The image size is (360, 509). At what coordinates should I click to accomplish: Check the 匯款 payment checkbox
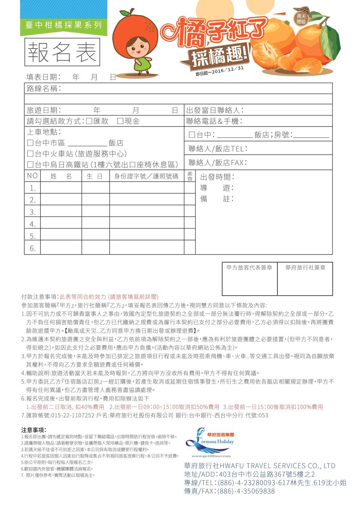click(x=89, y=121)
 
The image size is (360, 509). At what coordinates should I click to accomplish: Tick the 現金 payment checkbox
click(x=120, y=121)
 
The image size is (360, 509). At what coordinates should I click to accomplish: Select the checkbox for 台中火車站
click(x=30, y=154)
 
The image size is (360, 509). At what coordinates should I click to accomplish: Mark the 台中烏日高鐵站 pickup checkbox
click(x=30, y=165)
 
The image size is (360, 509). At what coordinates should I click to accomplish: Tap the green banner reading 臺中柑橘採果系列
click(x=64, y=25)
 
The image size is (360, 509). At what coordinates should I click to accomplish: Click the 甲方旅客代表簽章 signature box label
click(x=249, y=268)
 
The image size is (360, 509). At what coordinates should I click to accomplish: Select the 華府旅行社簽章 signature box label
click(x=305, y=268)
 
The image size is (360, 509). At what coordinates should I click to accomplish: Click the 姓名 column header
click(x=61, y=176)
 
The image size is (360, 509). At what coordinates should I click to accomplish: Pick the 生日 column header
click(x=95, y=176)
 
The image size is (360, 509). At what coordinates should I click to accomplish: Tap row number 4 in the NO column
click(x=33, y=224)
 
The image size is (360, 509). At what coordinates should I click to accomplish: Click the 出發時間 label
click(x=217, y=177)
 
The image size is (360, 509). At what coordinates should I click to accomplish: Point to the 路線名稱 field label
click(x=44, y=89)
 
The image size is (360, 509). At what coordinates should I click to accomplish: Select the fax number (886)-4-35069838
click(x=246, y=491)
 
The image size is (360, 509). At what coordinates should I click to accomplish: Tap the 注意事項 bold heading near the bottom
click(x=34, y=430)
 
